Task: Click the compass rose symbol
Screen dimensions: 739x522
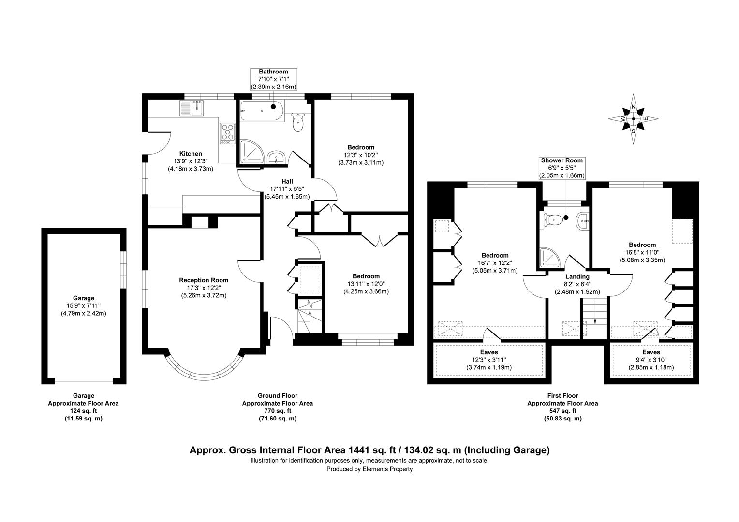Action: (633, 119)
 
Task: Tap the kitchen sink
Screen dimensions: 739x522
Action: (192, 108)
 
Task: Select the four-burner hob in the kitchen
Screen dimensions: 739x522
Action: (227, 133)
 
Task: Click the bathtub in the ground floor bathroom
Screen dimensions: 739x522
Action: (262, 111)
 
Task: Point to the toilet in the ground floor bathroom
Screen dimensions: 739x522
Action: (298, 122)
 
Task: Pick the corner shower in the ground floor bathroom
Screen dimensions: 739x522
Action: (252, 151)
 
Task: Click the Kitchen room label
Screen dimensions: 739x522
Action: (191, 153)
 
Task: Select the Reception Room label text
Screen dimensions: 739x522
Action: (204, 280)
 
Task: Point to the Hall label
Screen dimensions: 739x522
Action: (287, 181)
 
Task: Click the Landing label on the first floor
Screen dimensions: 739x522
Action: (577, 276)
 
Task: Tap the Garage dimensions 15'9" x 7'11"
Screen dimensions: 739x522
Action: (84, 305)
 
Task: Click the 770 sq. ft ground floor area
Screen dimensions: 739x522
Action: (278, 411)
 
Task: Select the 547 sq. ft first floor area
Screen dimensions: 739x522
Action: (562, 411)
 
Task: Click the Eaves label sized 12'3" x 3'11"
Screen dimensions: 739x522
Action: (489, 352)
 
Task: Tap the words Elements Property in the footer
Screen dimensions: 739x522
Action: (387, 469)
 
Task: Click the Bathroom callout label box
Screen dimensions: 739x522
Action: (273, 79)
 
